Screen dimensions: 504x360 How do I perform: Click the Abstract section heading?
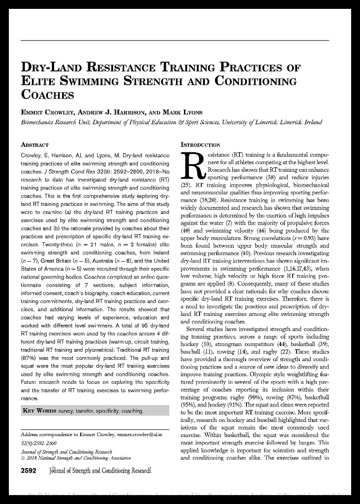(35, 145)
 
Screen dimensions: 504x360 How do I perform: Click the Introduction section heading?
(200, 145)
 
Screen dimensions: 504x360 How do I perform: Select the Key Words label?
(39, 411)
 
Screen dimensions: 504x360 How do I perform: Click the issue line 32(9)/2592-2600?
(39, 443)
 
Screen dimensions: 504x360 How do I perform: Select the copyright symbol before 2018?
(23, 458)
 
